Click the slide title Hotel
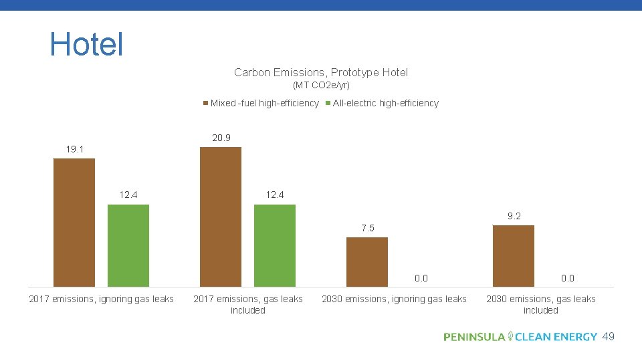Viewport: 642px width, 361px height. (x=86, y=44)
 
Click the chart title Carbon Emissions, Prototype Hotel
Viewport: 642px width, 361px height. (x=321, y=72)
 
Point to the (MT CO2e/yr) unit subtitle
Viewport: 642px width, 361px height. (x=321, y=86)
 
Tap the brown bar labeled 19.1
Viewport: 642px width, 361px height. (x=74, y=223)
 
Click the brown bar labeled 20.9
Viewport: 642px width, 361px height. (x=221, y=217)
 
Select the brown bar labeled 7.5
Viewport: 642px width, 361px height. (x=367, y=262)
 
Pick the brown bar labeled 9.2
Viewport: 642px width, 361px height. (x=514, y=256)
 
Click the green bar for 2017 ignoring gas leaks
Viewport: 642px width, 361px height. (x=128, y=245)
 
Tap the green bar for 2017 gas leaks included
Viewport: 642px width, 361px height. (x=275, y=245)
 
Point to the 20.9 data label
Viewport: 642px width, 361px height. (x=221, y=138)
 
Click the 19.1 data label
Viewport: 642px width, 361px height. (x=75, y=149)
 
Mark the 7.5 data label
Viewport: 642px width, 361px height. (x=368, y=229)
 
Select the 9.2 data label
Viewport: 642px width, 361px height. (x=514, y=216)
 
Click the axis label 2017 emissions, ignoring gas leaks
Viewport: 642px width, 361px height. (x=101, y=299)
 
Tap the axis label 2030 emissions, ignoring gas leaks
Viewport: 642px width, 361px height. (x=394, y=299)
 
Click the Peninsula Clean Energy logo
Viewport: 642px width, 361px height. (x=520, y=337)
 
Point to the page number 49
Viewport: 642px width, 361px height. (x=608, y=336)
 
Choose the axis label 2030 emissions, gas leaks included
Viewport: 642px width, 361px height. (x=540, y=304)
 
